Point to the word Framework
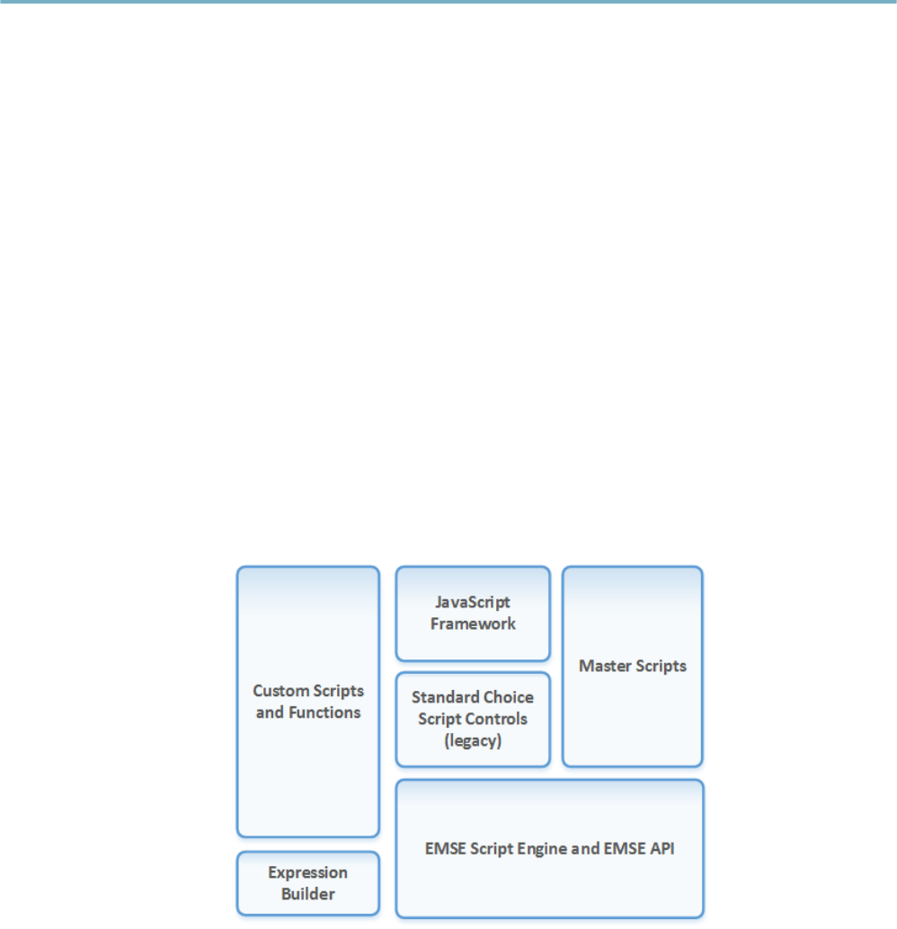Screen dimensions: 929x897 (x=473, y=624)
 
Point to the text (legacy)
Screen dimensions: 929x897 (x=473, y=740)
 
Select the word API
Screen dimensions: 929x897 (x=659, y=847)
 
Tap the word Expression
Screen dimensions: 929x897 (x=307, y=872)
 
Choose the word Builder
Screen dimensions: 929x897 (x=307, y=894)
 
